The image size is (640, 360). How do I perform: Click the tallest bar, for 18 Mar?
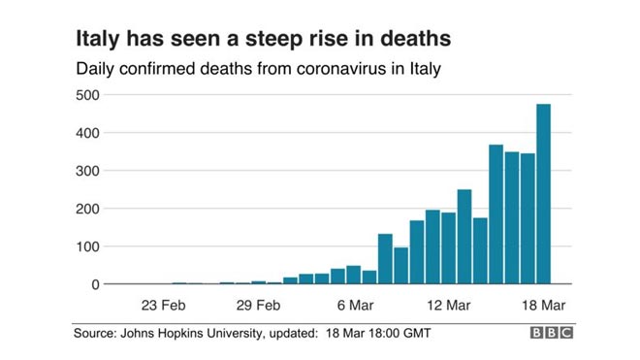point(543,194)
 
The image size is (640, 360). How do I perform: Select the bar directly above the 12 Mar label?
point(449,248)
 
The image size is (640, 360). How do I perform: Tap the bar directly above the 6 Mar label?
point(354,275)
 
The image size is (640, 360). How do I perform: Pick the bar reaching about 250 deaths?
point(464,237)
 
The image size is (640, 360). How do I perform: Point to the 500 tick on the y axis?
point(87,95)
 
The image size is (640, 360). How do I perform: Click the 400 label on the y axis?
point(87,133)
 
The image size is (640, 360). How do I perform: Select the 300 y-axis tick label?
point(87,171)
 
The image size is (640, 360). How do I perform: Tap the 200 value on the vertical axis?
point(87,209)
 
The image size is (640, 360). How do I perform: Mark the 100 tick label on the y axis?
point(87,246)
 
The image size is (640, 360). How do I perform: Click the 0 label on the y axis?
point(95,284)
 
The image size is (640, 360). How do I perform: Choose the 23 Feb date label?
point(163,306)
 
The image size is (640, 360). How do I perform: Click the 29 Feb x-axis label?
point(258,306)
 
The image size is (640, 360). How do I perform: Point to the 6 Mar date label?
point(355,306)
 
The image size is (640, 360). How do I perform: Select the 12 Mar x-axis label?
point(449,306)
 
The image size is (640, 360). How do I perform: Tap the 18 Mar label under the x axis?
point(544,306)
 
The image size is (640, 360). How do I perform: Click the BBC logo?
point(552,333)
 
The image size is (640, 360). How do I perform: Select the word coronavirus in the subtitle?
point(341,68)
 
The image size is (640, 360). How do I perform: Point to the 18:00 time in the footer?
point(384,333)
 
